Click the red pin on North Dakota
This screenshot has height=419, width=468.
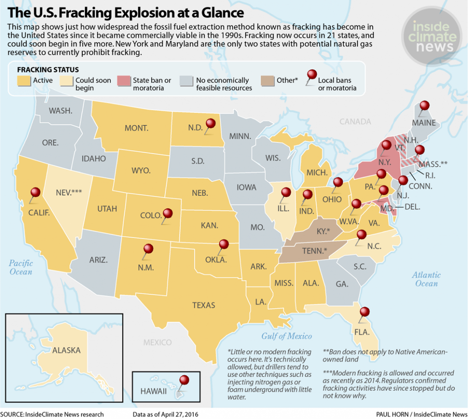tap(210, 123)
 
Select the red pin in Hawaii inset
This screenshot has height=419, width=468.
tap(184, 380)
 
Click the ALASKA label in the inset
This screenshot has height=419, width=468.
tap(66, 350)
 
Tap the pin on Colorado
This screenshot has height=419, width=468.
tap(168, 213)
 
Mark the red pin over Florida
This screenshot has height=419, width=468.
tap(364, 313)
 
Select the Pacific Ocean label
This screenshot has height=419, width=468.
tap(21, 267)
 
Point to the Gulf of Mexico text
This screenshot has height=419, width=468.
tap(287, 336)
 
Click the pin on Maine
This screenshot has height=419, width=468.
tap(425, 106)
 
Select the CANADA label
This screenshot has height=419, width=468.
tap(355, 122)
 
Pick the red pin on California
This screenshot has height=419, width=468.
tap(35, 193)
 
